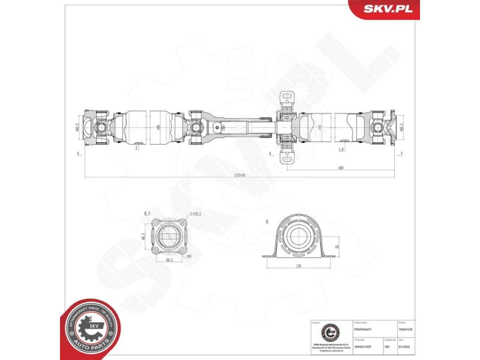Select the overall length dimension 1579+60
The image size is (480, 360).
(240, 175)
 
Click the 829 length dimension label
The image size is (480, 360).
(340, 168)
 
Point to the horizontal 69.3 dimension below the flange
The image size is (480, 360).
(171, 260)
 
